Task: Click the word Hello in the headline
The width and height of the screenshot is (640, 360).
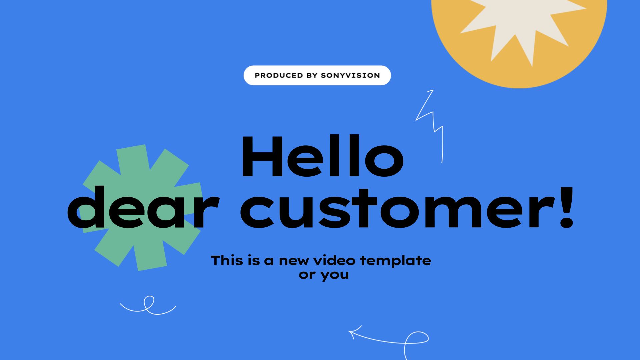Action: (322, 156)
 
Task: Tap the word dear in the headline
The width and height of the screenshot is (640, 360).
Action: (143, 207)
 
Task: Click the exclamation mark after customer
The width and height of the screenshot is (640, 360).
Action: (566, 207)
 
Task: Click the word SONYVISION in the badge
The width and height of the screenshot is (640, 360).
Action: (350, 75)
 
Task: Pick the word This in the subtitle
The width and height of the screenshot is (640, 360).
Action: (227, 260)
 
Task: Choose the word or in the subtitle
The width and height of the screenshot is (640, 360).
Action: (307, 275)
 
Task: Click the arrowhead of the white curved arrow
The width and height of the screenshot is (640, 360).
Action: (354, 332)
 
